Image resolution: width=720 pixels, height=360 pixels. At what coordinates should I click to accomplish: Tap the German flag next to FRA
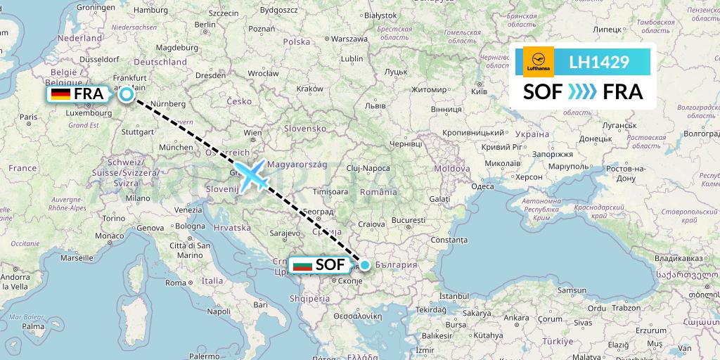60,94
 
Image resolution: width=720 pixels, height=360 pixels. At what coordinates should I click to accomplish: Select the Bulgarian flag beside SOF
302,266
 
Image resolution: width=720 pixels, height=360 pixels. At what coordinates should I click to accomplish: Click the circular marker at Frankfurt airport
127,94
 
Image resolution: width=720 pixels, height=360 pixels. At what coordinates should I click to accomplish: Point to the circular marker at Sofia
365,265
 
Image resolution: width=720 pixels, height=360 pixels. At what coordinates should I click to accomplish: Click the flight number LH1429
598,62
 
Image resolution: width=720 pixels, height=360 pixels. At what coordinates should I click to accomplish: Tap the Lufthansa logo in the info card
539,62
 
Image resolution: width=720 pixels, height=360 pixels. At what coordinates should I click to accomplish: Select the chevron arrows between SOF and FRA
581,92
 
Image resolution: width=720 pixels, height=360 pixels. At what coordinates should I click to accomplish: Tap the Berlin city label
205,24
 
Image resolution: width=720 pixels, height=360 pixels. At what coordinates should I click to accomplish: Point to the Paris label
29,117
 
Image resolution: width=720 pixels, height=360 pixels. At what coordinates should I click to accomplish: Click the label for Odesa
482,186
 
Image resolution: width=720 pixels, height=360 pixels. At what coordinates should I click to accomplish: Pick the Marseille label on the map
77,258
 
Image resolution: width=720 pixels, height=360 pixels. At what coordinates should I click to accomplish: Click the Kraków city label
309,89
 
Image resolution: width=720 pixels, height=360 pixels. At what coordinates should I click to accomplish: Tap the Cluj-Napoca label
367,169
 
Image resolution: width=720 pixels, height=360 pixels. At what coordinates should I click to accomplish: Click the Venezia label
188,210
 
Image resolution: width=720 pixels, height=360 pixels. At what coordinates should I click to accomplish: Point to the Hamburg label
150,11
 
